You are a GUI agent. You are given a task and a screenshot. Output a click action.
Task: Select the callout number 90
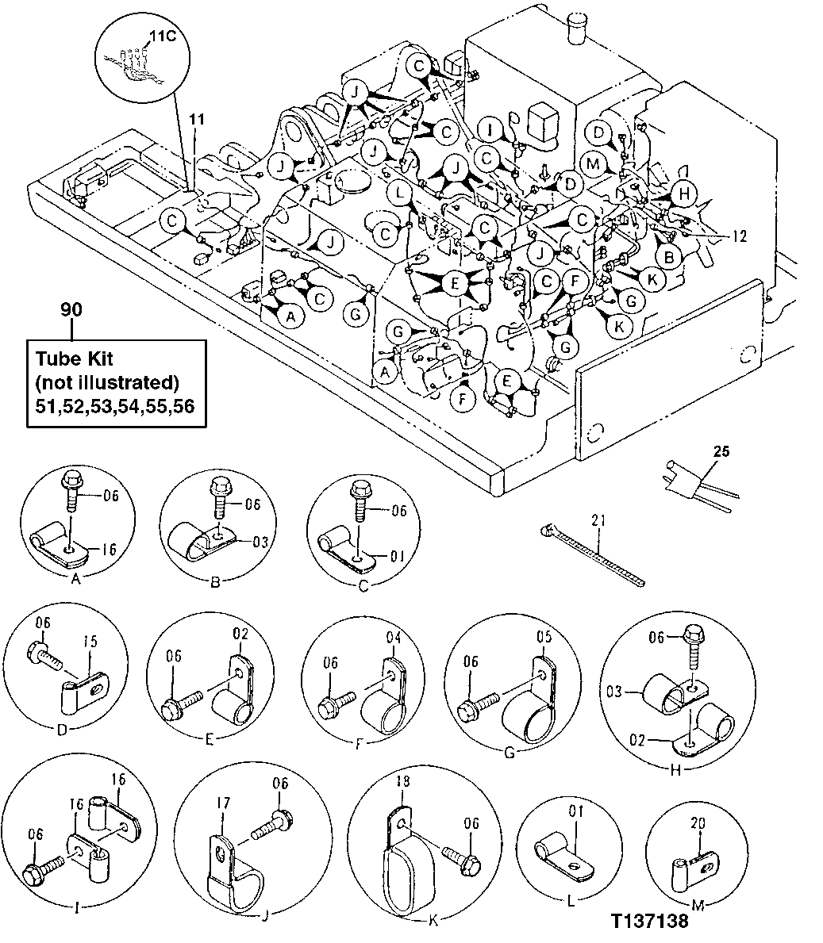click(x=71, y=310)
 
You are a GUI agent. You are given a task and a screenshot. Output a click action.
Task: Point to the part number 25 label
click(x=720, y=452)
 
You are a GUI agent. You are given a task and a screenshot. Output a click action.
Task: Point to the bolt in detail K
click(x=460, y=858)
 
